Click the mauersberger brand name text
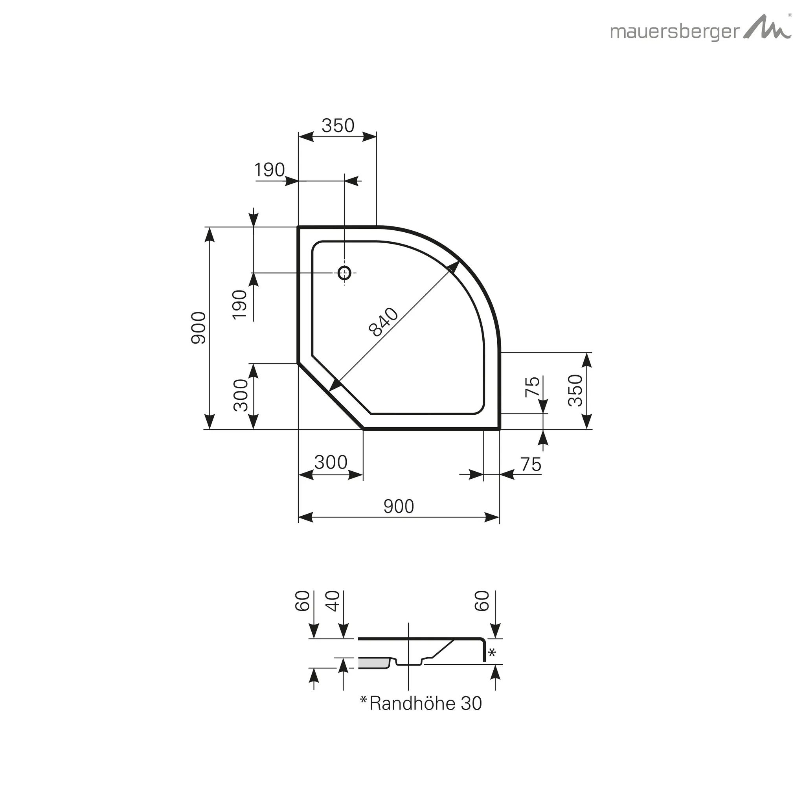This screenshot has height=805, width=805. click(x=675, y=32)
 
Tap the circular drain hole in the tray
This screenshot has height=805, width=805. click(x=344, y=273)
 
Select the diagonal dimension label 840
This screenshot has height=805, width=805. click(x=383, y=322)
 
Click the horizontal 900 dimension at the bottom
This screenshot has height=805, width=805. click(x=398, y=506)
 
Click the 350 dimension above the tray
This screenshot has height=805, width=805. click(x=338, y=125)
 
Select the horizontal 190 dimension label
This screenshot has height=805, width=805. click(x=269, y=170)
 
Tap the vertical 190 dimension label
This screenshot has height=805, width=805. click(x=240, y=305)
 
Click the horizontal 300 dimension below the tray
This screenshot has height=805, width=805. click(x=331, y=463)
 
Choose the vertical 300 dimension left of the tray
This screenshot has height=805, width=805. click(x=241, y=395)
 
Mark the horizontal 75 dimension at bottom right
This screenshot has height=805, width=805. click(x=530, y=465)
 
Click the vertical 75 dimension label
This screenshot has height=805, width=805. click(x=533, y=387)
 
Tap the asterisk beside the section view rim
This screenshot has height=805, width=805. click(x=492, y=652)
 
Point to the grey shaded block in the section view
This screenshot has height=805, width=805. click(x=374, y=663)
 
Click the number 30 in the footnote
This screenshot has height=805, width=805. click(x=471, y=703)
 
